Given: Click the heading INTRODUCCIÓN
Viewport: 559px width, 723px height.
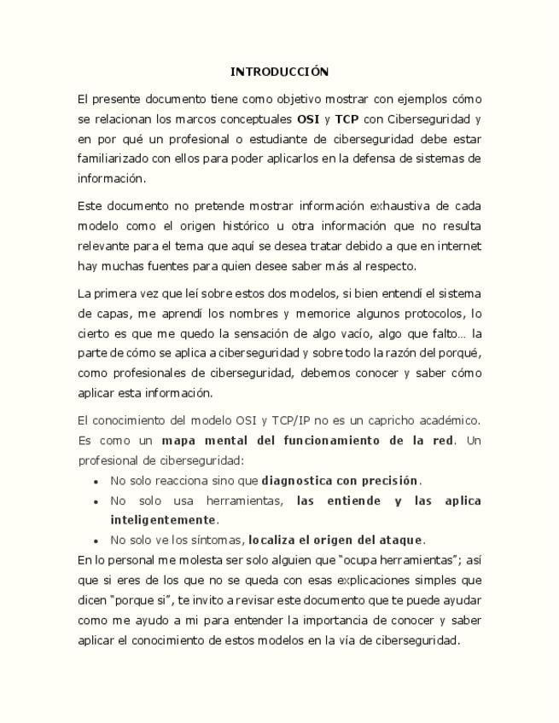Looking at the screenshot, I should [x=279, y=72].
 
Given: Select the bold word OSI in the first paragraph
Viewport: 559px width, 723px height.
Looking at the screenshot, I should [x=308, y=119].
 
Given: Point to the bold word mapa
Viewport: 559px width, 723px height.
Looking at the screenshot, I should [x=179, y=440].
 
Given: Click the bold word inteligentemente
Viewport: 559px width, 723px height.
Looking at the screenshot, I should [x=163, y=519].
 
